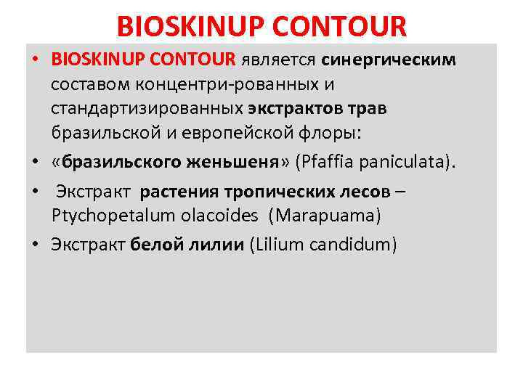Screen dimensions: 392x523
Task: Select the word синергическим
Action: click(x=389, y=60)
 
